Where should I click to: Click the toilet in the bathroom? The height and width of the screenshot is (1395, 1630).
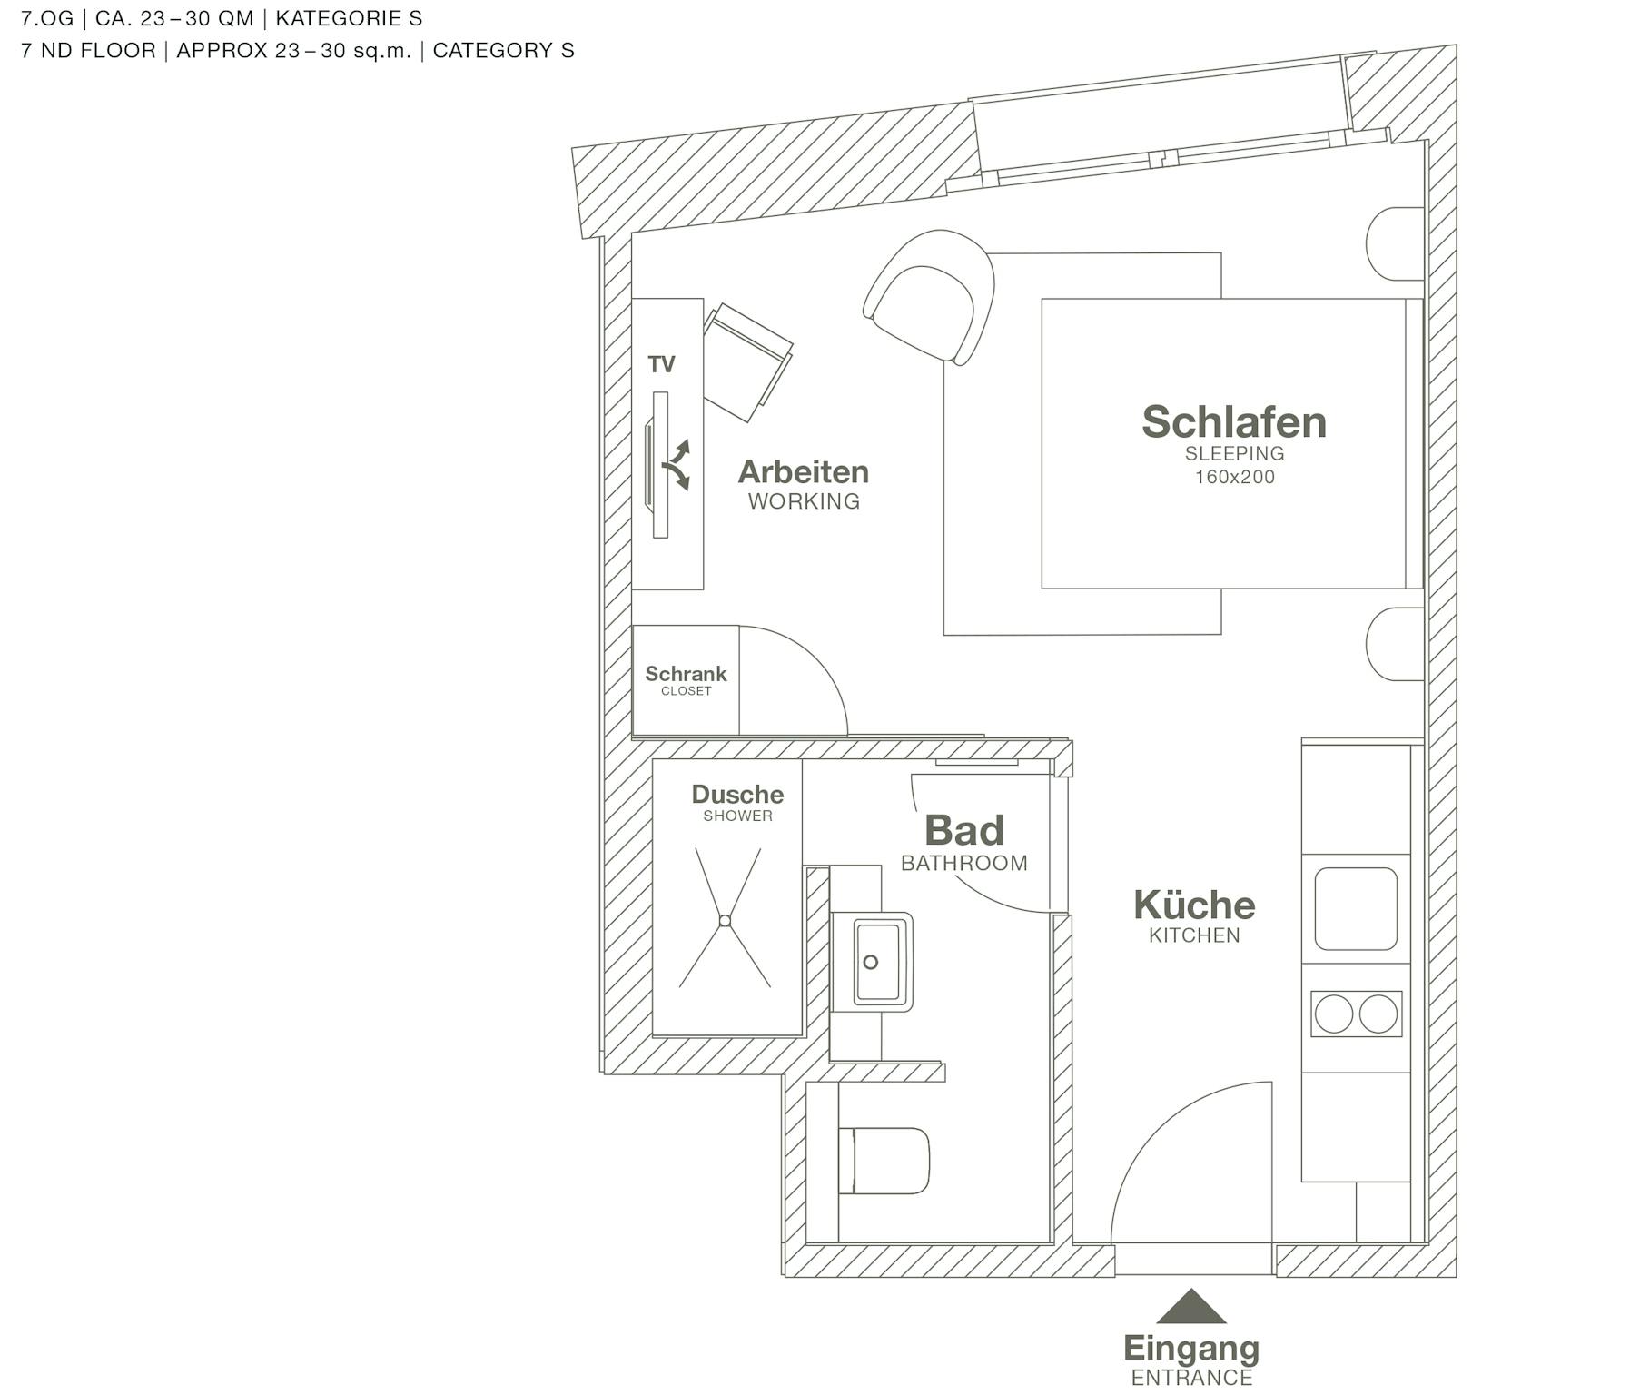tap(885, 1161)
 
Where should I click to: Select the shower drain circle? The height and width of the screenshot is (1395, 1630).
tap(725, 921)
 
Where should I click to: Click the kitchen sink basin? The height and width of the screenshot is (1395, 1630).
tap(1356, 909)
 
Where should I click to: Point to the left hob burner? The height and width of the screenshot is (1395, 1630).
tap(1334, 1014)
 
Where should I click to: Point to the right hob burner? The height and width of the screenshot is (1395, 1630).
tap(1378, 1014)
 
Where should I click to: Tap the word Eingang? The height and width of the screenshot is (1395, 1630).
tap(1191, 1349)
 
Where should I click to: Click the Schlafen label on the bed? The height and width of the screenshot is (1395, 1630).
tap(1234, 422)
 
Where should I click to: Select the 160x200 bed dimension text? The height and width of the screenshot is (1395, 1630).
tap(1235, 477)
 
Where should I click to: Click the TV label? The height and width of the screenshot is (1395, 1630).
tap(662, 365)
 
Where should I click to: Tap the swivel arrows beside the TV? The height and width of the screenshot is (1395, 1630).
tap(677, 465)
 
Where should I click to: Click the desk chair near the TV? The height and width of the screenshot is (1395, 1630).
tap(747, 360)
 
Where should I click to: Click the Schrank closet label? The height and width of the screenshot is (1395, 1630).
tap(686, 675)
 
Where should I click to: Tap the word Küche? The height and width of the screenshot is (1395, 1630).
tap(1194, 905)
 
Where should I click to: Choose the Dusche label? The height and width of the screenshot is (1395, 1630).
tap(737, 795)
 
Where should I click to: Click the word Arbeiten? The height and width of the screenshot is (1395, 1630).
tap(804, 472)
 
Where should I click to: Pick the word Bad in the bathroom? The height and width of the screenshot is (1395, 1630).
tap(964, 831)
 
